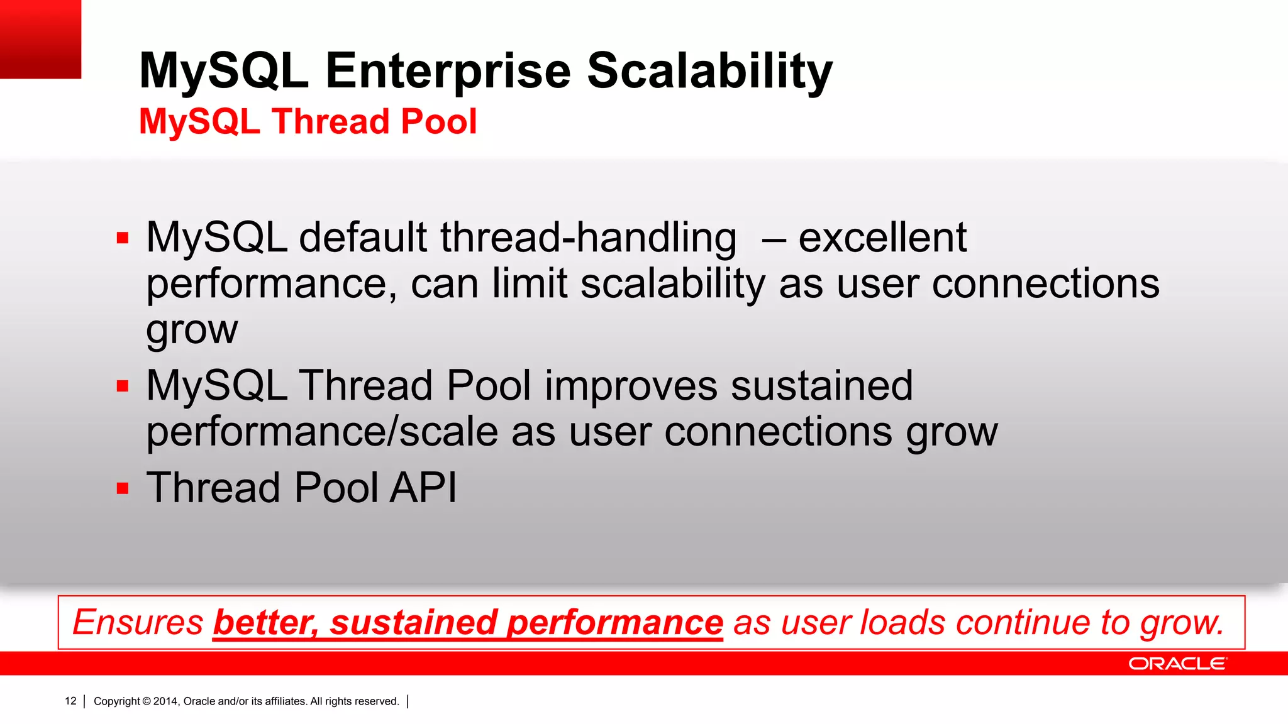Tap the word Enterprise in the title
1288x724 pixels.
pyautogui.click(x=448, y=71)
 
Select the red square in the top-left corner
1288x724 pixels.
pyautogui.click(x=40, y=39)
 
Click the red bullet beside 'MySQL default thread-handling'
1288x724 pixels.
pyautogui.click(x=123, y=238)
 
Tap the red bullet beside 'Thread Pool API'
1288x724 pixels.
pyautogui.click(x=123, y=488)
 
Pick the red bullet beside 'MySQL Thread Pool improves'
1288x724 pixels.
pyautogui.click(x=123, y=386)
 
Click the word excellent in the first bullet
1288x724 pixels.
pyautogui.click(x=882, y=238)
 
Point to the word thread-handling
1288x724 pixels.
pyautogui.click(x=588, y=238)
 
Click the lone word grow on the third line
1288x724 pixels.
pyautogui.click(x=192, y=330)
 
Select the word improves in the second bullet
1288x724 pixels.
pyautogui.click(x=631, y=386)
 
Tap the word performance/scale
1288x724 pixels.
pyautogui.click(x=322, y=432)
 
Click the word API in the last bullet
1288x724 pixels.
pyautogui.click(x=423, y=488)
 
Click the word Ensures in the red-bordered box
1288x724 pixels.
pyautogui.click(x=138, y=622)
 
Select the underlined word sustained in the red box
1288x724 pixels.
pyautogui.click(x=414, y=622)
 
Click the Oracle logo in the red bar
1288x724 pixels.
pyautogui.click(x=1177, y=664)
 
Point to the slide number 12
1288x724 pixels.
pyautogui.click(x=70, y=701)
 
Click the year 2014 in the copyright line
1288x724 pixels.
pyautogui.click(x=166, y=701)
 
